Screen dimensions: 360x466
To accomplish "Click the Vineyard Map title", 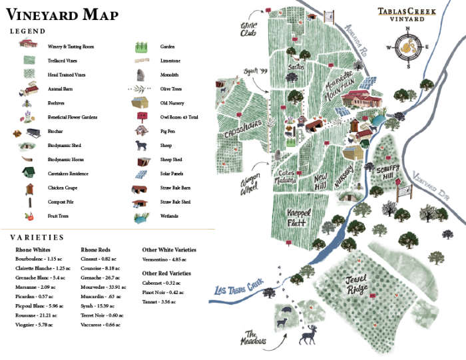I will tap(63, 15).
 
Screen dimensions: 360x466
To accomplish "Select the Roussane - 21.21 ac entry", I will tap(37, 315).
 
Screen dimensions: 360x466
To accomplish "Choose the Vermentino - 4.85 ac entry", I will tap(164, 260).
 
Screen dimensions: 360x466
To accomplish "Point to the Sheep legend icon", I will tap(141, 145).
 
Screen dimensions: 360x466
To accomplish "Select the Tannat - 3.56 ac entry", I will tap(159, 301).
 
